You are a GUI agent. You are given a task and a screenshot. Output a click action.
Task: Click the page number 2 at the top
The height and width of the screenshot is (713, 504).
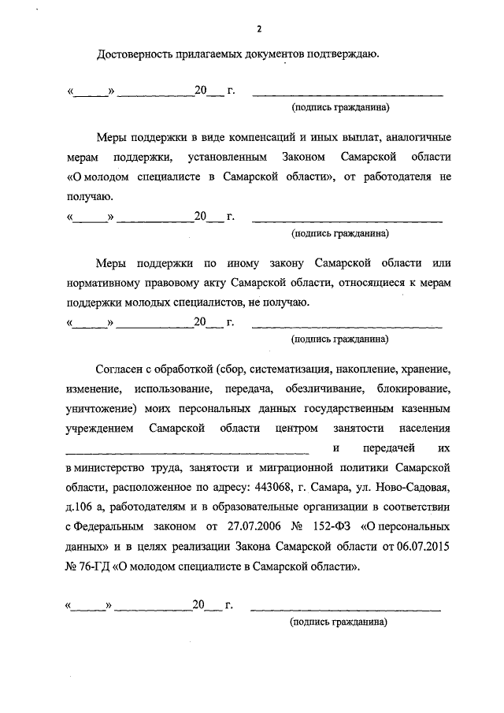point(258,29)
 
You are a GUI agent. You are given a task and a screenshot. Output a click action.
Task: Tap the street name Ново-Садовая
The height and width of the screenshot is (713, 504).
point(416,483)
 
